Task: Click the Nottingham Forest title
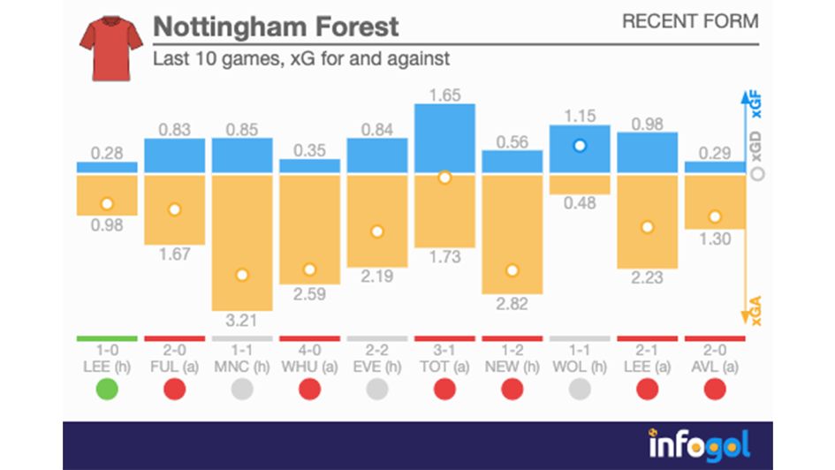pos(276,27)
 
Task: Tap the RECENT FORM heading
pos(689,21)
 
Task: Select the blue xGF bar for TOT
pos(444,137)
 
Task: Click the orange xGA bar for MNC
pos(242,241)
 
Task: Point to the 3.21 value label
pos(242,319)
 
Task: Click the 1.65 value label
pos(444,95)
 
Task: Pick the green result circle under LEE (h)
pos(107,388)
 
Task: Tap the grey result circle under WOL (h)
pos(580,388)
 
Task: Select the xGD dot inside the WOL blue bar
pos(580,146)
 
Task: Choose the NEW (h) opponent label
pos(512,366)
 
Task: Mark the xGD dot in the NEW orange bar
pos(512,270)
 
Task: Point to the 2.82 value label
pos(512,305)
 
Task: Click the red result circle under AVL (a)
pos(715,388)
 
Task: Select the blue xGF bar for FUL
pos(174,155)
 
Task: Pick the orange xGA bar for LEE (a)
pos(647,221)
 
